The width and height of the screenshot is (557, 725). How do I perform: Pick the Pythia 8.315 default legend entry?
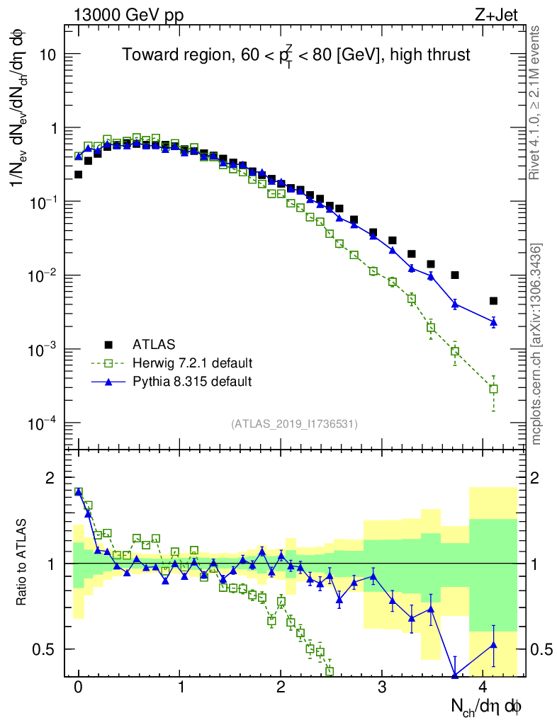[x=191, y=382]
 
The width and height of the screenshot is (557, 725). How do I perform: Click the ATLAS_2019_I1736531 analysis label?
[x=294, y=424]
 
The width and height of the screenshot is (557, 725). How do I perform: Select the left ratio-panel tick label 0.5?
[x=50, y=649]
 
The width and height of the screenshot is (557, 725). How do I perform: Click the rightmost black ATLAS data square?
[x=493, y=301]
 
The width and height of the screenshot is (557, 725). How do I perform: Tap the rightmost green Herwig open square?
[x=493, y=389]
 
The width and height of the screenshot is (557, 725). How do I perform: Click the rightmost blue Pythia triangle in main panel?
[x=493, y=322]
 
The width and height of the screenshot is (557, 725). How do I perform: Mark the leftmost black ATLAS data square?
[x=79, y=174]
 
